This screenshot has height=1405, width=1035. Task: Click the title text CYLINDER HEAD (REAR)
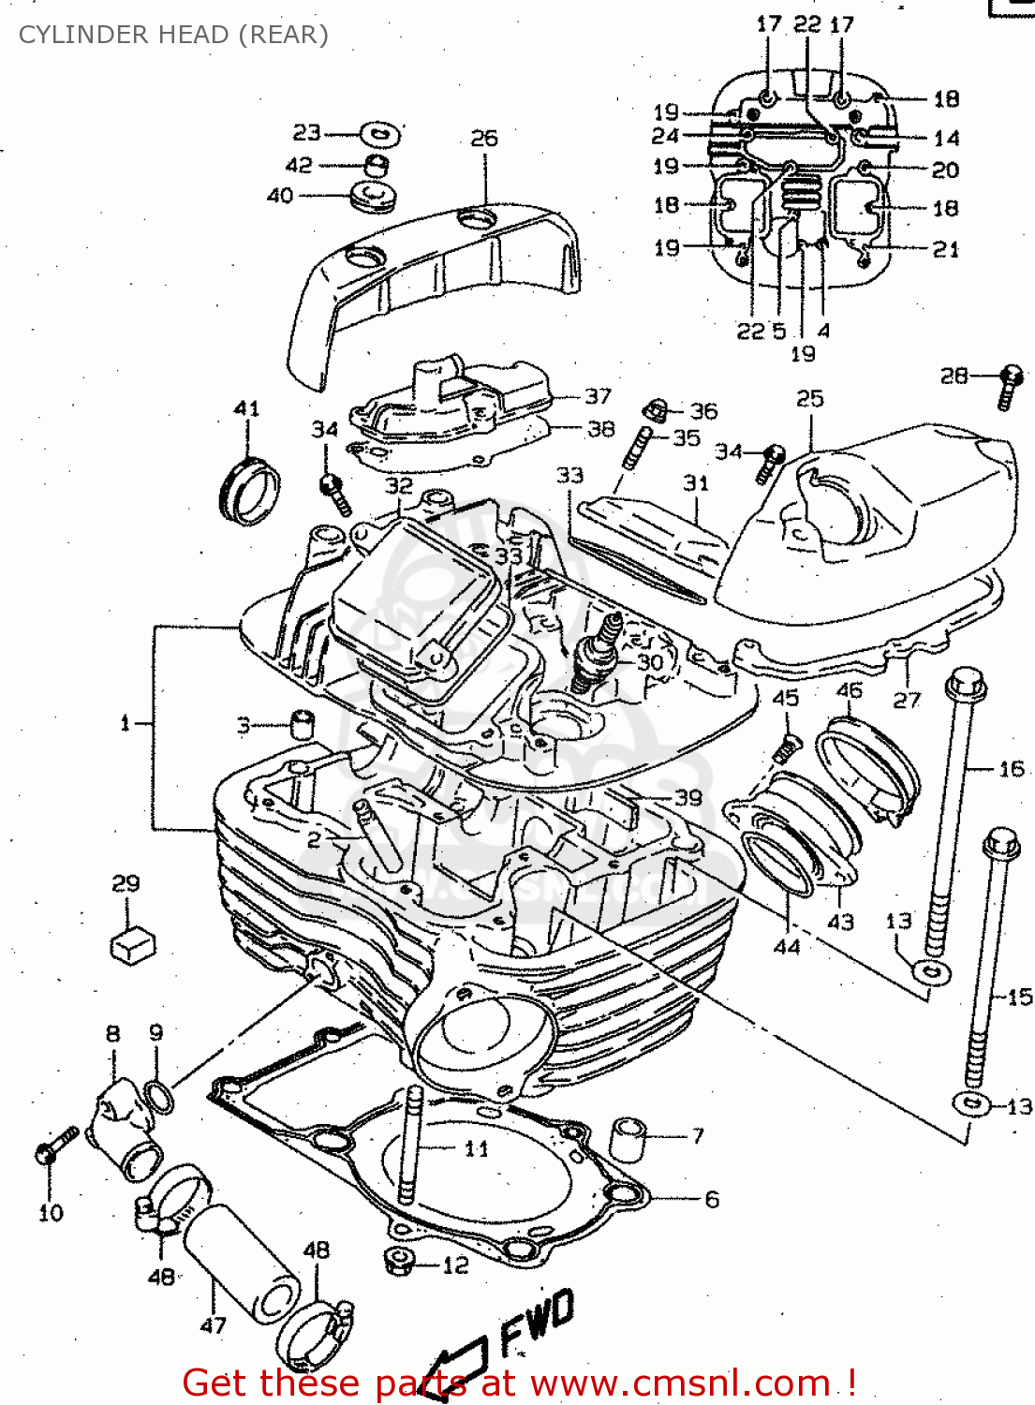(173, 35)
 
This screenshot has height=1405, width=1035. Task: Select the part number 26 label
(483, 139)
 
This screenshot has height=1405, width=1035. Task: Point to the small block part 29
(133, 944)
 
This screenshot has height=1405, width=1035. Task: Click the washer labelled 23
(380, 134)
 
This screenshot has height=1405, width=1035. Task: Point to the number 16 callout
(1012, 769)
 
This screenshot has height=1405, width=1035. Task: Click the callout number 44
(786, 946)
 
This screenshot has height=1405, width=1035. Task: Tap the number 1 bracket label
(125, 723)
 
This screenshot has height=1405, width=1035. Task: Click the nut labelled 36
(658, 408)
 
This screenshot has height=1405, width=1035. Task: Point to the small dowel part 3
(301, 725)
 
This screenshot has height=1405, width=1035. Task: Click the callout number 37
(598, 396)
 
